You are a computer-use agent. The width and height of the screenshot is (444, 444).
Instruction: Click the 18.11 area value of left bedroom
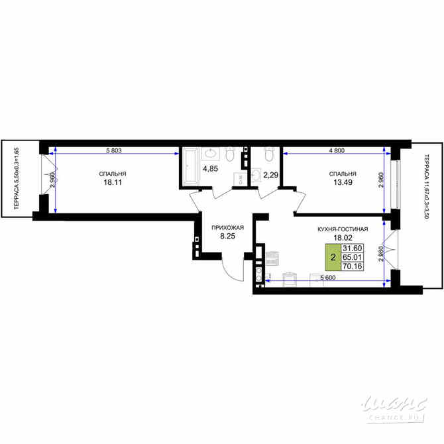113,185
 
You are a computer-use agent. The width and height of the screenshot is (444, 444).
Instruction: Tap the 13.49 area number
338,185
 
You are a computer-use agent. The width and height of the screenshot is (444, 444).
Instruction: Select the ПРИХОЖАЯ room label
228,228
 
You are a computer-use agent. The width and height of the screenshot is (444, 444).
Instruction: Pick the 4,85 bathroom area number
210,168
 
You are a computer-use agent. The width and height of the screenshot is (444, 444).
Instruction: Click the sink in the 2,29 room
256,175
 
